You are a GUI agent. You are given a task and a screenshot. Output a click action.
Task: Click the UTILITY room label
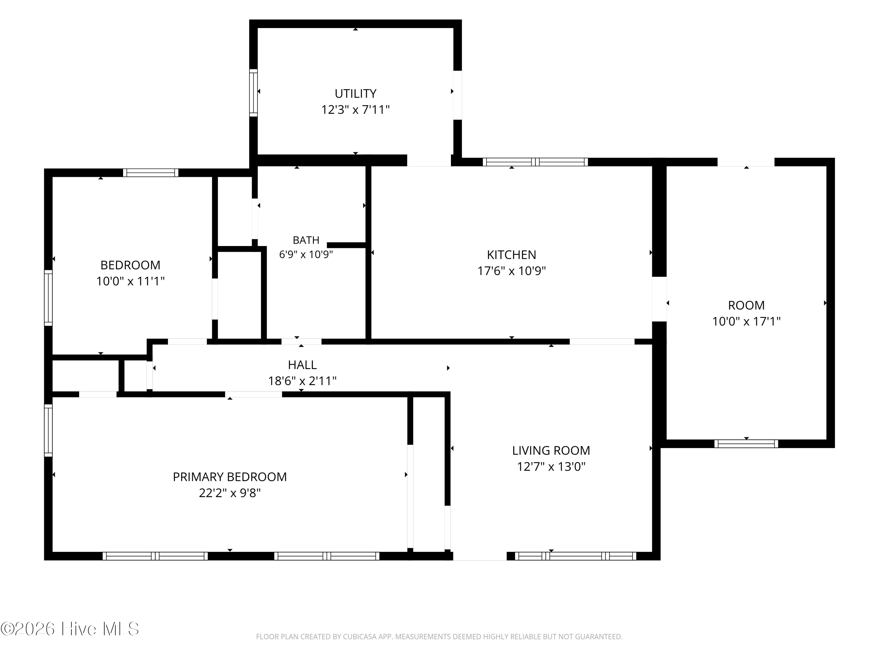(355, 93)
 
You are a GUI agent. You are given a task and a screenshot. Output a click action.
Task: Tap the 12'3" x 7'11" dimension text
(355, 110)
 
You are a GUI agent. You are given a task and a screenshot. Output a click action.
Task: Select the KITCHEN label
(511, 255)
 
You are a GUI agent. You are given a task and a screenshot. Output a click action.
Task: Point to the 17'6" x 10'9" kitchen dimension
(511, 271)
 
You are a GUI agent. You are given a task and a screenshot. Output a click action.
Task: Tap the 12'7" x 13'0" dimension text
(551, 466)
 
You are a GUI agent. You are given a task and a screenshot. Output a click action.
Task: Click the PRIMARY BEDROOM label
(230, 477)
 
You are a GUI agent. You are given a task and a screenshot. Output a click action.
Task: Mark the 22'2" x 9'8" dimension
(230, 493)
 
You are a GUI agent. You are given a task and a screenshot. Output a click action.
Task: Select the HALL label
(302, 365)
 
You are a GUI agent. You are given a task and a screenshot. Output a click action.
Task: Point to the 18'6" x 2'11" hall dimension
(302, 381)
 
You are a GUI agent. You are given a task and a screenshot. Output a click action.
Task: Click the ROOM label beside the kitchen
(746, 305)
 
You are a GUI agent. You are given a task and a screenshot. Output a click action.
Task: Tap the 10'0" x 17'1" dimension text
(746, 321)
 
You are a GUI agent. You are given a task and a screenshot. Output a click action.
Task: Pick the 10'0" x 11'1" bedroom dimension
(130, 281)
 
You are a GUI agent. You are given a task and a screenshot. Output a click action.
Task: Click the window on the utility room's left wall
(253, 93)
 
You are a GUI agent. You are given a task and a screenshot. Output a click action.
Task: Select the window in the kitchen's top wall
(535, 162)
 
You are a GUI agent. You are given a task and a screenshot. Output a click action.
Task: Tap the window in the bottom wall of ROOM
(746, 444)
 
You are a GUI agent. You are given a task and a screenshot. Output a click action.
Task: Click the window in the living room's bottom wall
(575, 556)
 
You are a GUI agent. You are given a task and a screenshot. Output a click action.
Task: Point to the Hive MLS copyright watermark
(70, 629)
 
